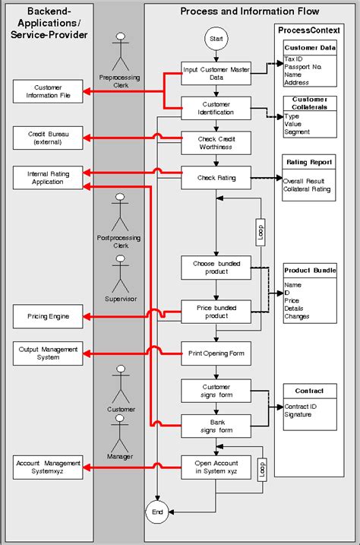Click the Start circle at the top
coord(216,39)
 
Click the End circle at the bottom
coord(158,514)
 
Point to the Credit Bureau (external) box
coord(48,138)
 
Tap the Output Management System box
coord(48,352)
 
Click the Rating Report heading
coord(310,162)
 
